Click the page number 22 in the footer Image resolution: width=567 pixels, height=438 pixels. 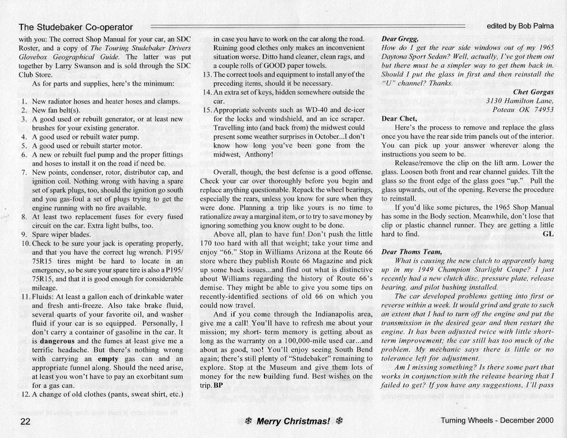pyautogui.click(x=25, y=421)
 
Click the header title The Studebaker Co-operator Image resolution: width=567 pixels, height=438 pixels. pyautogui.click(x=76, y=27)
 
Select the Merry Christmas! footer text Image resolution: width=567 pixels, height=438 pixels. pyautogui.click(x=293, y=422)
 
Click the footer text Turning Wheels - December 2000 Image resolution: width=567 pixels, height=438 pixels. pyautogui.click(x=497, y=420)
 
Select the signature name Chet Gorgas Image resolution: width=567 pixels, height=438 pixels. pyautogui.click(x=533, y=92)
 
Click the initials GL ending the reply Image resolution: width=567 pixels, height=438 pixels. pyautogui.click(x=548, y=234)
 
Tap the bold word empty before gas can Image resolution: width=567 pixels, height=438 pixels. pyautogui.click(x=108, y=359)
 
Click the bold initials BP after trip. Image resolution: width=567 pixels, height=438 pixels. pyautogui.click(x=218, y=385)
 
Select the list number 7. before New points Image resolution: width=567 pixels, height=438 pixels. pyautogui.click(x=24, y=172)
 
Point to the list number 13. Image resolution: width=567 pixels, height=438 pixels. pyautogui.click(x=207, y=74)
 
